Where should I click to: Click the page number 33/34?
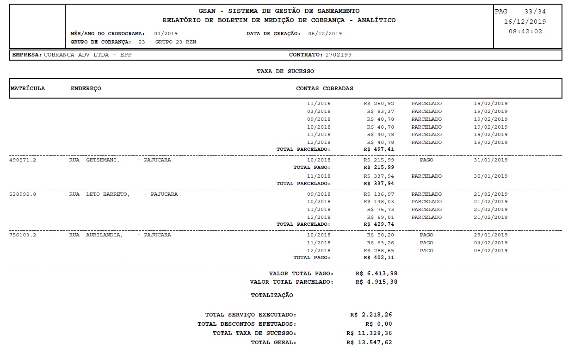535,12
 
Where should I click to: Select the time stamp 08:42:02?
525,31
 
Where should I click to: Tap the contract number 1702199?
339,55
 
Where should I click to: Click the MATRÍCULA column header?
28,88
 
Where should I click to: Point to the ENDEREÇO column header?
86,88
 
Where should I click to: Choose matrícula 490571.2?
23,160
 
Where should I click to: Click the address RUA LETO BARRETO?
99,194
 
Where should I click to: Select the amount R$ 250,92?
379,104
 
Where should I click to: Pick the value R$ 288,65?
379,250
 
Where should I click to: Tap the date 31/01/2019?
490,160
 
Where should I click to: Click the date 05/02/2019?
490,250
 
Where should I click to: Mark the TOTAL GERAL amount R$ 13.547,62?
369,342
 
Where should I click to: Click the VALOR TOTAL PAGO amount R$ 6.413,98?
377,273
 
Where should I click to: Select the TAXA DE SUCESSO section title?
285,71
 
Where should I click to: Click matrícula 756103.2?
23,235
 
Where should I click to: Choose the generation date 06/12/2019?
325,33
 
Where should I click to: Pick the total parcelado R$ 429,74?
379,224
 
